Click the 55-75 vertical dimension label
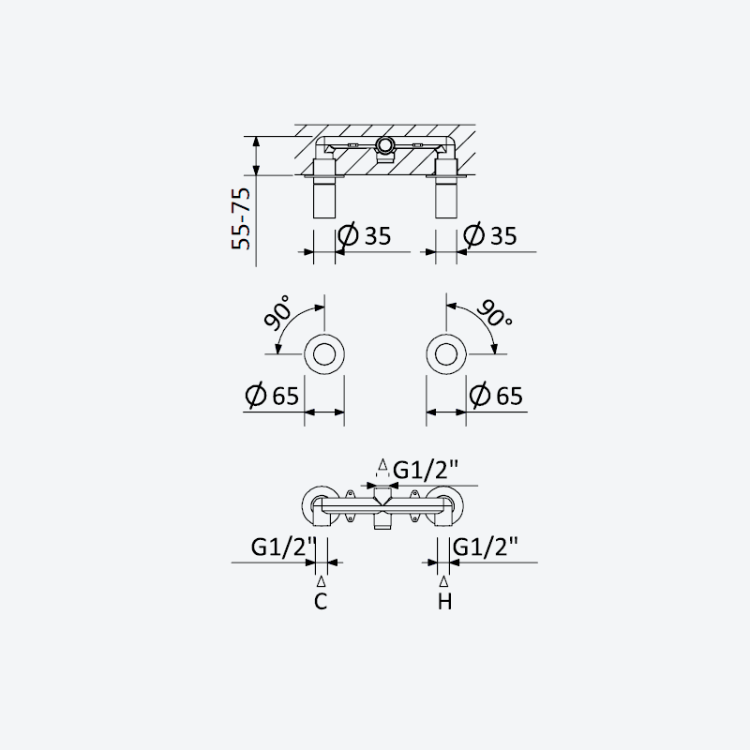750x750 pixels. coord(241,218)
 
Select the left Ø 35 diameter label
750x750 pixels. coord(365,235)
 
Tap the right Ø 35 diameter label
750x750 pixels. coord(490,235)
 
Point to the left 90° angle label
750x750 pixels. coord(277,312)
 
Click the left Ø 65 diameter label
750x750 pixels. coord(272,395)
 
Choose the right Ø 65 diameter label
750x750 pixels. coord(496,395)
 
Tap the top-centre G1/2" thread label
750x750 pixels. coord(426,471)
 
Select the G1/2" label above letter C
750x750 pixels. coord(284,547)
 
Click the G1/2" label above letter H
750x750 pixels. coord(486,547)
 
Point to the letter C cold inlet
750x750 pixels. coord(321,601)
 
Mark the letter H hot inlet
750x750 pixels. coord(444,601)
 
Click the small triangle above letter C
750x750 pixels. coord(322,581)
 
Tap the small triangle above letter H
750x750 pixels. coord(443,581)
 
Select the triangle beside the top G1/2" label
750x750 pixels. coord(382,464)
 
